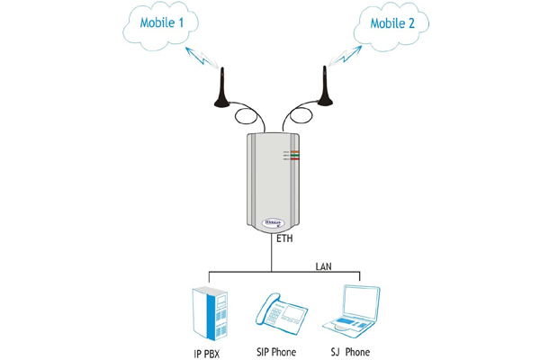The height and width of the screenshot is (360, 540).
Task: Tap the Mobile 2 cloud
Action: point(386,25)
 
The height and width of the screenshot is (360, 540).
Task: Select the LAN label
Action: point(323,266)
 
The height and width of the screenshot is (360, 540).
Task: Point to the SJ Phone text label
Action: point(348,351)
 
